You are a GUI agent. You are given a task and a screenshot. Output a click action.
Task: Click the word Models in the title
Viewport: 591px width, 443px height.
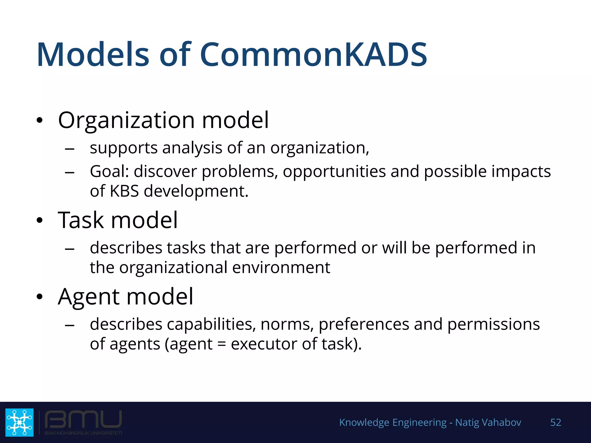point(93,55)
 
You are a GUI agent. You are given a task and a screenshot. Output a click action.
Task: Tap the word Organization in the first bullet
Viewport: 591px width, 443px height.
point(126,120)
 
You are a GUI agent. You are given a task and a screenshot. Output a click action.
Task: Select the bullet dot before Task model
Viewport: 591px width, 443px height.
point(40,221)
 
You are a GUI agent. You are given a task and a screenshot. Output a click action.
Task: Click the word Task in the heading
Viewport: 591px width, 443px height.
point(81,220)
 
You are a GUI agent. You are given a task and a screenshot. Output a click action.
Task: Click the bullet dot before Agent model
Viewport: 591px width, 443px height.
point(40,297)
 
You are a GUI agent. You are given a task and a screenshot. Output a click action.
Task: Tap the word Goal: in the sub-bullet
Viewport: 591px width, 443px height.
point(109,171)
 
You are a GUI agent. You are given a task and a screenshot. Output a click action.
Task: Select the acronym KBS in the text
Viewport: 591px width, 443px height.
point(124,191)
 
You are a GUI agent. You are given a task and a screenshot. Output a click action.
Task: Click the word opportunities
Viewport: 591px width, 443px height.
point(334,171)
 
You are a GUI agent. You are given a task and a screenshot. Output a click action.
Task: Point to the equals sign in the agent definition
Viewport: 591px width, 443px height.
point(221,344)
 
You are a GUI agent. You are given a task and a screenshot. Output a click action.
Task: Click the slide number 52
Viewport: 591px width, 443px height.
point(556,422)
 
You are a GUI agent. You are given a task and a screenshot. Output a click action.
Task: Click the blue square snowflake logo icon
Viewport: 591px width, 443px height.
point(19,422)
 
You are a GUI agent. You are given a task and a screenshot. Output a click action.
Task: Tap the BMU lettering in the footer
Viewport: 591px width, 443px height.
point(83,419)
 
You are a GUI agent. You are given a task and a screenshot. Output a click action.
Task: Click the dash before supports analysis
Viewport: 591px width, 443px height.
point(70,149)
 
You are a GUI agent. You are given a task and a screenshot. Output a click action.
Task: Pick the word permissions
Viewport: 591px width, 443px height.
point(493,324)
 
